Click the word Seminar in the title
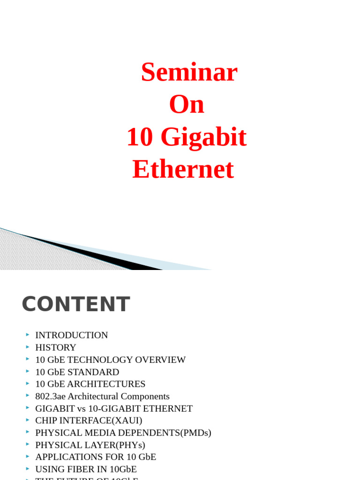[x=189, y=73]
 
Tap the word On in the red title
[x=187, y=105]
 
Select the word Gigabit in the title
[x=203, y=137]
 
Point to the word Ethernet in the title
[x=183, y=169]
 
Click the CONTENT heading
[x=75, y=304]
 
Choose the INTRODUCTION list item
[x=71, y=335]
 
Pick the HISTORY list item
[x=55, y=347]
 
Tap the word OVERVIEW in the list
[x=160, y=360]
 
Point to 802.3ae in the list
[x=50, y=396]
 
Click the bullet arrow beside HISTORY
[x=28, y=347]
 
